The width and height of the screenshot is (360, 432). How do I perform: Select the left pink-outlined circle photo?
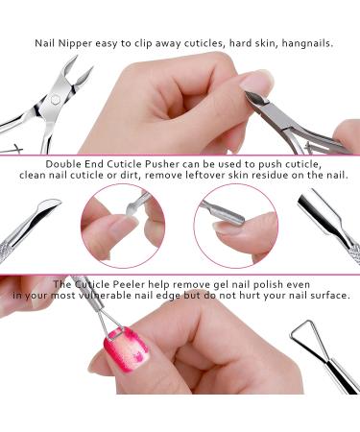pos(122,226)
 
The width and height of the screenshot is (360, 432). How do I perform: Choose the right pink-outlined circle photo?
pos(235,226)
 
